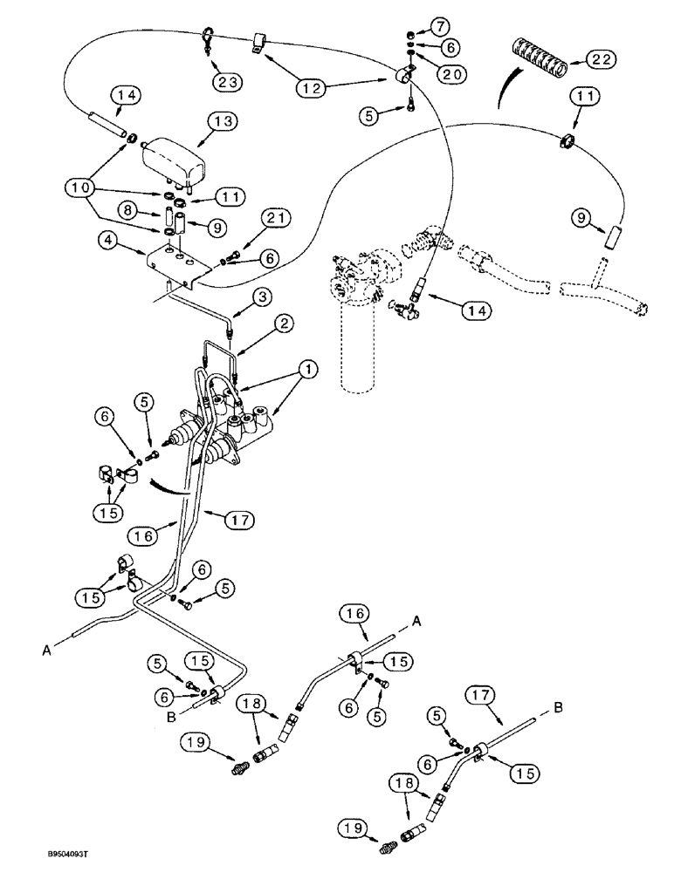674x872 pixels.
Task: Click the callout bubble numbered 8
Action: click(x=127, y=209)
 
